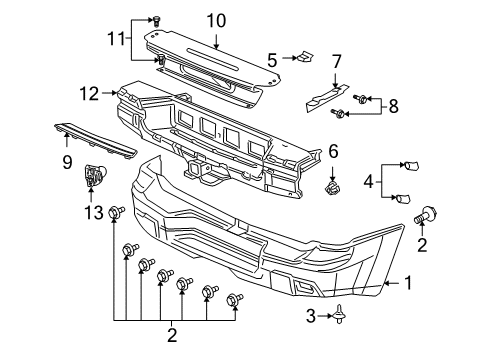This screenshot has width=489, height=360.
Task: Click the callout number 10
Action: (x=217, y=19)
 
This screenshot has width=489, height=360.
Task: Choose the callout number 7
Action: (x=336, y=62)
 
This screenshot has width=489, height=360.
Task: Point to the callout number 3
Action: (x=310, y=316)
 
